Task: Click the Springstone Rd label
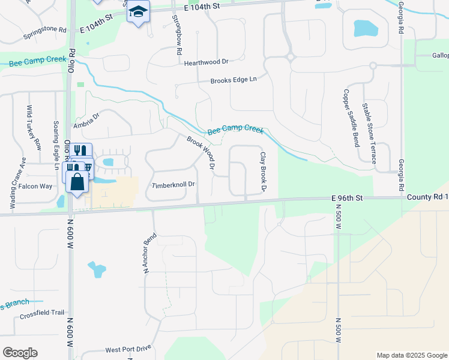coord(44,32)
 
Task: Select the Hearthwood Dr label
coord(207,62)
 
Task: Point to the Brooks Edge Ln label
coord(233,80)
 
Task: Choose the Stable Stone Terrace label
coord(369,133)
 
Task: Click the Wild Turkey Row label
coord(34,127)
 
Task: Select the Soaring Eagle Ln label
coord(58,142)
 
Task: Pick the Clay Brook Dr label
coord(263,172)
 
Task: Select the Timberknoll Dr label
coord(174,185)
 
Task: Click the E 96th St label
coord(347,197)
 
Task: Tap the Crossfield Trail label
coord(41,313)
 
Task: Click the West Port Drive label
coord(128,349)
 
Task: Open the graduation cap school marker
coord(139,13)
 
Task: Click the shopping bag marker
coord(77,181)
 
